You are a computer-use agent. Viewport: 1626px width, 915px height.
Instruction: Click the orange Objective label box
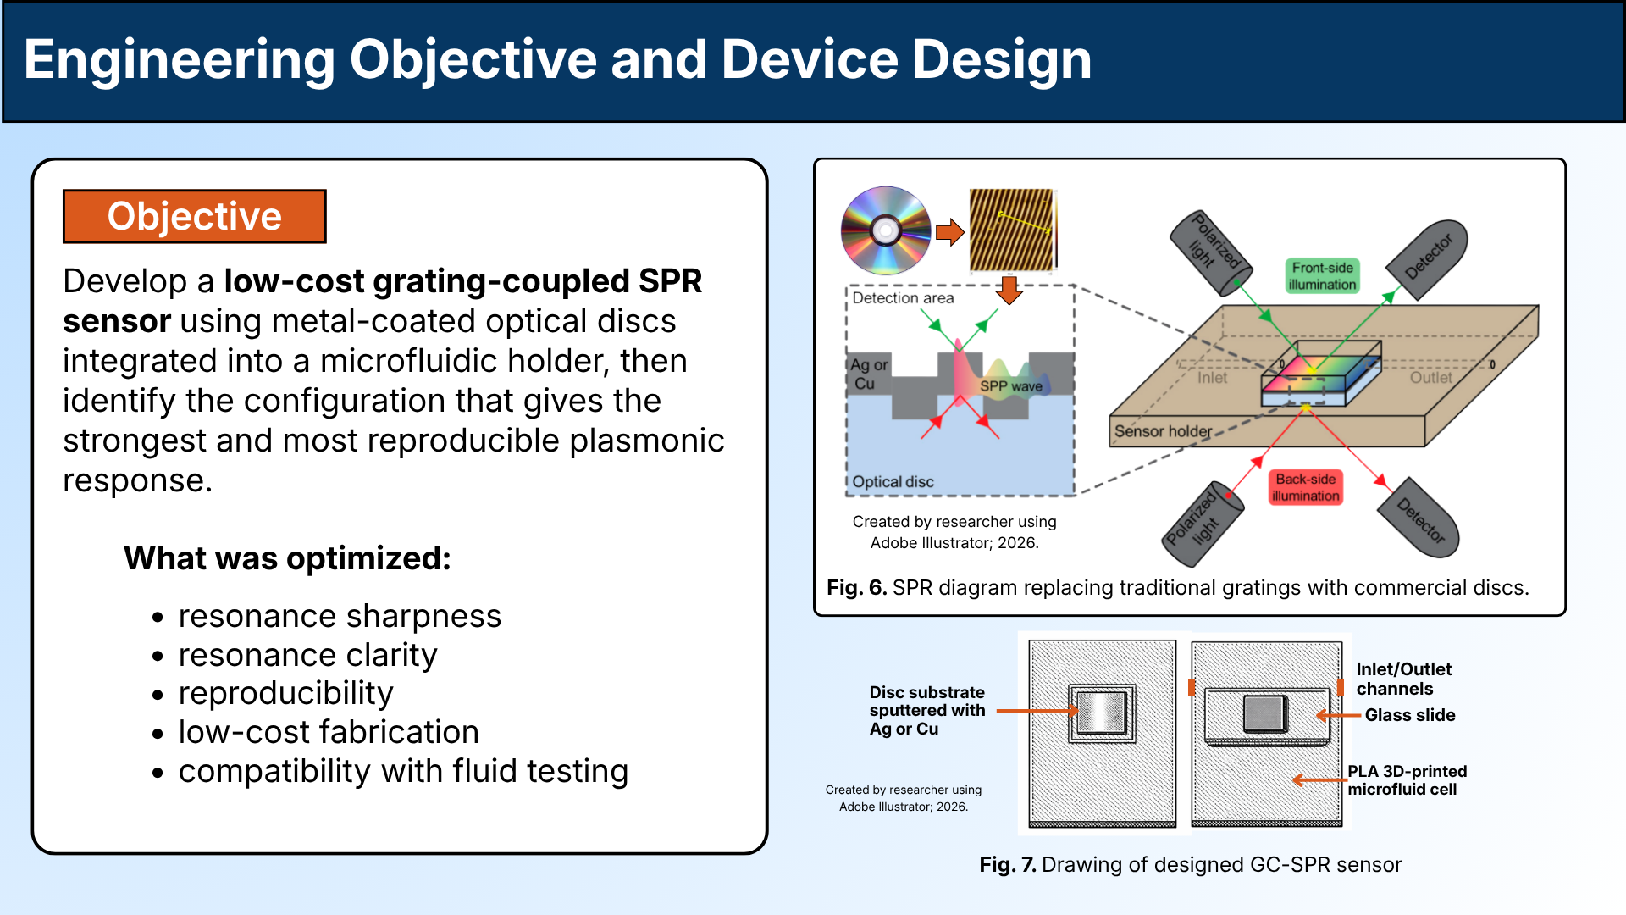click(x=194, y=217)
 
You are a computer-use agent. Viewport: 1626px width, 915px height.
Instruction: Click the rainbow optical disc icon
click(x=885, y=230)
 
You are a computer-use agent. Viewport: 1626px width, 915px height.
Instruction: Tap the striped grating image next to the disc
click(x=1012, y=230)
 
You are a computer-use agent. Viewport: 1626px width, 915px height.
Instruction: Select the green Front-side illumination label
click(x=1322, y=276)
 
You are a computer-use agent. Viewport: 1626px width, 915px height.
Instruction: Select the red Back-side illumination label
click(x=1305, y=487)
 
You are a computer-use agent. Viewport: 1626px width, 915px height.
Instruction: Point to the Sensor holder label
click(x=1162, y=431)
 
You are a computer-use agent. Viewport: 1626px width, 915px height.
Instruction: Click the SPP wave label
click(x=1011, y=386)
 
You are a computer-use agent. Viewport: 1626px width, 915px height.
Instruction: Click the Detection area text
click(x=903, y=298)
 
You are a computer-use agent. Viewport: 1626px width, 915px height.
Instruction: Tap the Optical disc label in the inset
click(x=893, y=482)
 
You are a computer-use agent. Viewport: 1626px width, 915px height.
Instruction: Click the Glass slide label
click(x=1409, y=715)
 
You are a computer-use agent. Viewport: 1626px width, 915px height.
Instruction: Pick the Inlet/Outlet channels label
click(x=1403, y=679)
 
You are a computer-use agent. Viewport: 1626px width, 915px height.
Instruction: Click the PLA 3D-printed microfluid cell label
click(x=1407, y=780)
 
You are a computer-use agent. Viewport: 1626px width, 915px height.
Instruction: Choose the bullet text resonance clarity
click(x=307, y=655)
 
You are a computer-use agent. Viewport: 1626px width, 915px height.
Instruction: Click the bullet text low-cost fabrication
click(x=329, y=732)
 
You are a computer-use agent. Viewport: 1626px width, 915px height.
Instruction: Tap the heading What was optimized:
click(x=287, y=558)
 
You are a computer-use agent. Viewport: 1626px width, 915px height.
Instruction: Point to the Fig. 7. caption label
click(x=1007, y=865)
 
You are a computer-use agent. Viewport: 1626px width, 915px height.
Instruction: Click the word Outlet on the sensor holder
click(x=1430, y=378)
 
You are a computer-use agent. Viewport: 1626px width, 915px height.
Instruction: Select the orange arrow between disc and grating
click(x=950, y=231)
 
